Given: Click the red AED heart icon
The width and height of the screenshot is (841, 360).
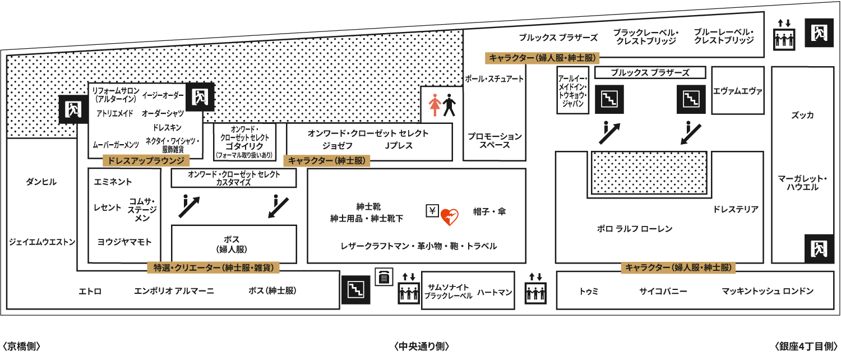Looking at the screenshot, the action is coord(450,216).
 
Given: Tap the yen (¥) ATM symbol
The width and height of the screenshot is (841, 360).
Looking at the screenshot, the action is coord(432,211).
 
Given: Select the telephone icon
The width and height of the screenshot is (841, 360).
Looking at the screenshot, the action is coord(383,277).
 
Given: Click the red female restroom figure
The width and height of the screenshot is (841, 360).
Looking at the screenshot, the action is coord(435,105).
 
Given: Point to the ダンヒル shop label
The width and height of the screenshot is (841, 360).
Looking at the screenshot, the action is coord(41,182).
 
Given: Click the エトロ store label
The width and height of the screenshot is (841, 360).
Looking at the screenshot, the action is coord(90,291).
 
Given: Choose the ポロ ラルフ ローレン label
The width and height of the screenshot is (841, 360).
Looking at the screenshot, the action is coord(635,229).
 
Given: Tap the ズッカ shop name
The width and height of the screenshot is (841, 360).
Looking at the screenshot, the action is coord(802,115).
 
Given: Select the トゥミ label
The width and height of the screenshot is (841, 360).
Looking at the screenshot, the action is coord(589,291).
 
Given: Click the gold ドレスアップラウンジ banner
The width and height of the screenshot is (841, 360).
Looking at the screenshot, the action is coord(146,161).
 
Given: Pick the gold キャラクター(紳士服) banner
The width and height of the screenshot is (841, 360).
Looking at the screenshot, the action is coord(327,161).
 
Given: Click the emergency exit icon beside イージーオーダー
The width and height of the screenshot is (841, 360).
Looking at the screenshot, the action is coord(200,97).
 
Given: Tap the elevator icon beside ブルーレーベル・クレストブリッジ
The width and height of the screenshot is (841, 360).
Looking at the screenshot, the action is coord(784,35).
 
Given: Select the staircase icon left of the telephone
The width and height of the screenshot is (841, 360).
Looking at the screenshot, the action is coord(356,290).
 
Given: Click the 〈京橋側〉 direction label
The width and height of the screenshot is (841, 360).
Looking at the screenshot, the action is coord(21,346).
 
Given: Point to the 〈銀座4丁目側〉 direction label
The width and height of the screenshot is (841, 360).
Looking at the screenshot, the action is coord(806,346).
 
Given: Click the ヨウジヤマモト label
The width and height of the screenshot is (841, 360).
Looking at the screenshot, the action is coord(124,242).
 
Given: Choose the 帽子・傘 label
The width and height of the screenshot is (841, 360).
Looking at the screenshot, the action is coord(489,212).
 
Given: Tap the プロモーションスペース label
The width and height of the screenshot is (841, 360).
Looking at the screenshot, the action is coord(495,140).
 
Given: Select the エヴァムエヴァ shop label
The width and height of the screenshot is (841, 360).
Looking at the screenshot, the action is coord(738,91).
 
